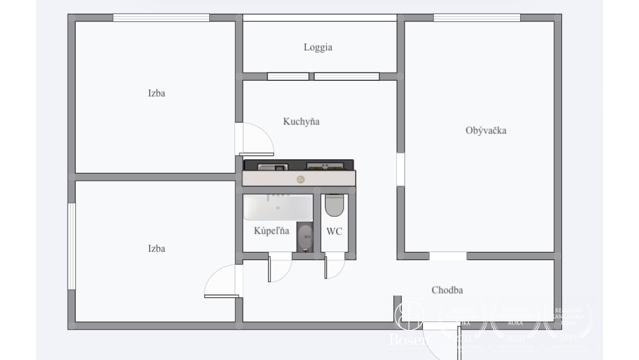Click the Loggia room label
click(x=318, y=47)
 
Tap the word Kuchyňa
click(x=301, y=121)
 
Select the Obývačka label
click(x=485, y=131)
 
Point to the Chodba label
click(x=447, y=291)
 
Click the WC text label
click(x=334, y=231)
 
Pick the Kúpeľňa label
click(x=272, y=231)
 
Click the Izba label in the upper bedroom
click(x=156, y=93)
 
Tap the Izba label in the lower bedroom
click(x=156, y=248)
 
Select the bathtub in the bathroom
click(x=277, y=207)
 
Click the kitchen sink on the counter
click(x=274, y=167)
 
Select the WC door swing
click(x=334, y=266)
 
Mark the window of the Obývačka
click(x=477, y=18)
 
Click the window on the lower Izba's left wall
click(x=71, y=246)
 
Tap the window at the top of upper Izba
click(x=161, y=18)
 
